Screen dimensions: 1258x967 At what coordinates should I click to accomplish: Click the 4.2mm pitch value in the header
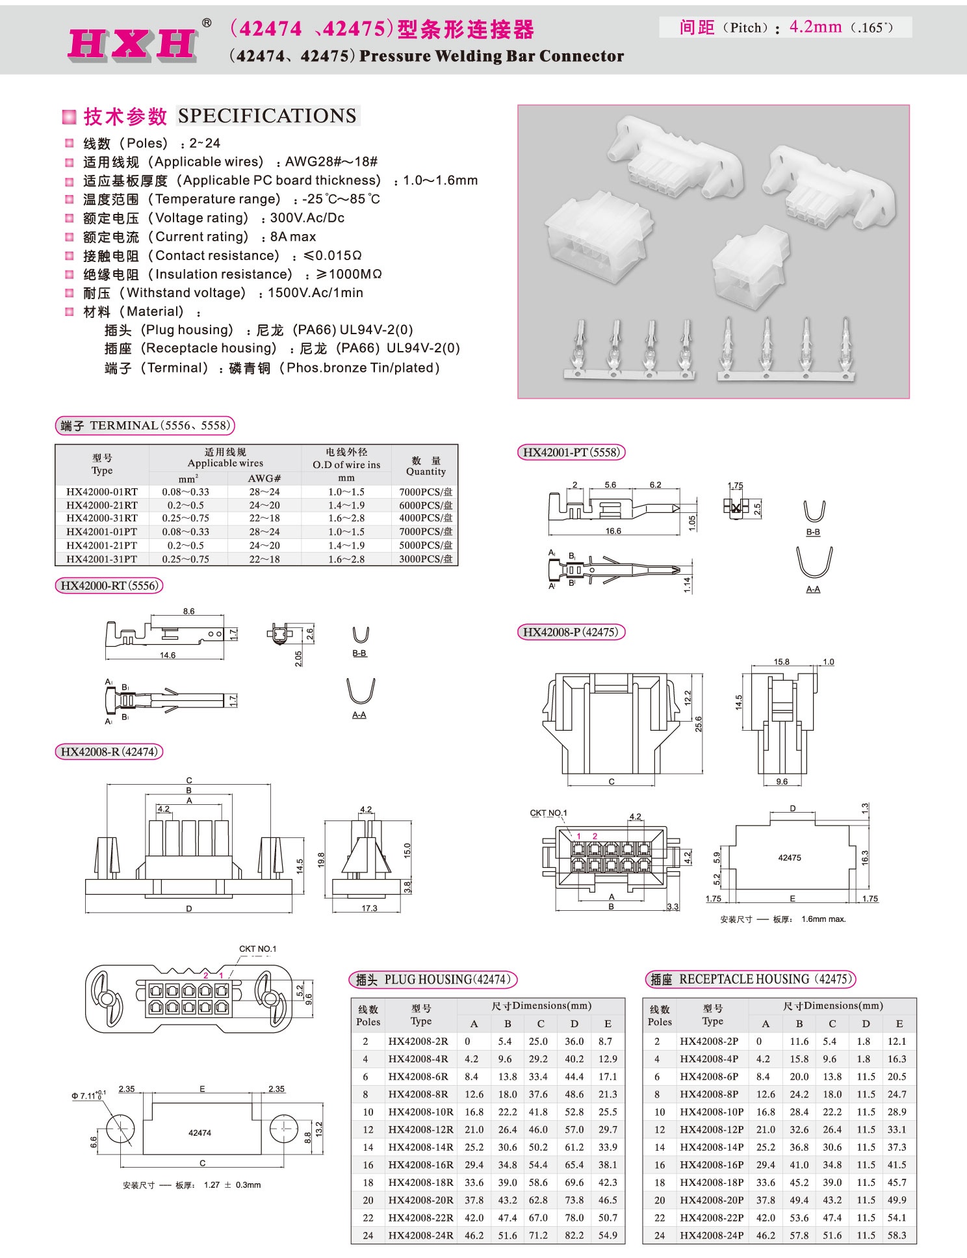pyautogui.click(x=815, y=27)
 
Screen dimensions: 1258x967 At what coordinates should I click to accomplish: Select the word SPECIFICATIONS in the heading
pyautogui.click(x=267, y=116)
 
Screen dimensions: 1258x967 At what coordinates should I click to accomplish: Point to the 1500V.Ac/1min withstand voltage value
pyautogui.click(x=315, y=293)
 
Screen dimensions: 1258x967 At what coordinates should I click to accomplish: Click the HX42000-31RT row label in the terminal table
pyautogui.click(x=102, y=518)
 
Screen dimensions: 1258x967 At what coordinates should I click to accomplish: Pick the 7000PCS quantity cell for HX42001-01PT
pyautogui.click(x=426, y=532)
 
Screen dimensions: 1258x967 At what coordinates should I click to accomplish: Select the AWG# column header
pyautogui.click(x=264, y=478)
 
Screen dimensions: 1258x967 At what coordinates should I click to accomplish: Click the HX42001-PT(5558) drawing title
pyautogui.click(x=571, y=452)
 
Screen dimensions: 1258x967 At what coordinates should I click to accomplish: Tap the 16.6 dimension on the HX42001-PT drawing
pyautogui.click(x=613, y=531)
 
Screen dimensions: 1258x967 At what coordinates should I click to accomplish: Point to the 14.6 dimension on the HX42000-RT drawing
pyautogui.click(x=168, y=655)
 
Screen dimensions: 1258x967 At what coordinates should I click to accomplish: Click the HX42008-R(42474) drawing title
pyautogui.click(x=109, y=752)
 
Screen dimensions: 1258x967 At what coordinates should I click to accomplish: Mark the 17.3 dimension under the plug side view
pyautogui.click(x=369, y=908)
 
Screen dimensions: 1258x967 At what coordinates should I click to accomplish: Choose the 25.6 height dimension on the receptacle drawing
pyautogui.click(x=698, y=724)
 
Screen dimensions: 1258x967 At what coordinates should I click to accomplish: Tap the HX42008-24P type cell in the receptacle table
pyautogui.click(x=712, y=1235)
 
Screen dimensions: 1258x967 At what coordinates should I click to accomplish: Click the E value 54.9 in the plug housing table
pyautogui.click(x=608, y=1235)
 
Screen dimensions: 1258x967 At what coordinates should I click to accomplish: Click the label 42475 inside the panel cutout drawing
pyautogui.click(x=789, y=858)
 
